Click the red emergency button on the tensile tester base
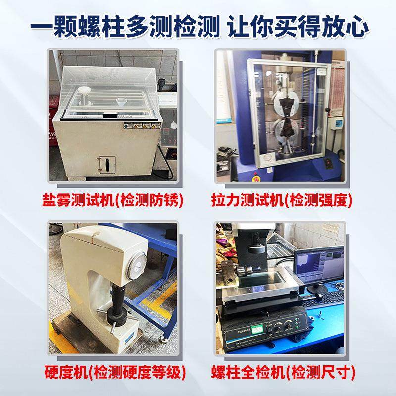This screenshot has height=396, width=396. pos(256,174)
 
